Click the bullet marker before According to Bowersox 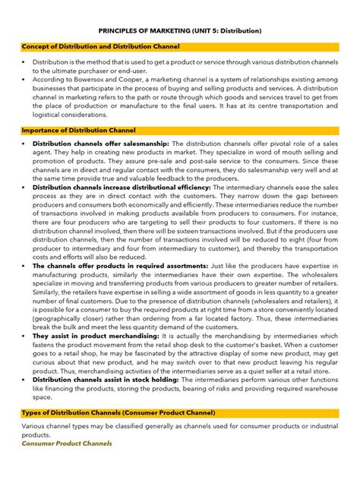tap(24, 78)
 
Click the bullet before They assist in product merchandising tap(24, 336)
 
